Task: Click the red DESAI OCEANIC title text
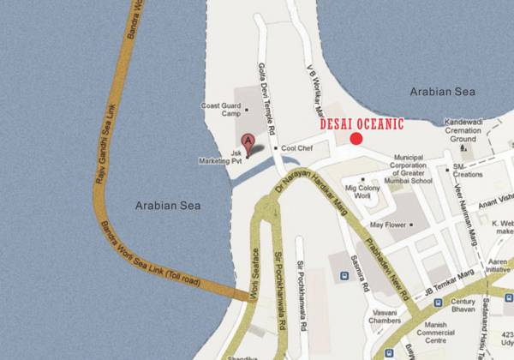pyautogui.click(x=361, y=123)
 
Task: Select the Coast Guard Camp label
pyautogui.click(x=221, y=111)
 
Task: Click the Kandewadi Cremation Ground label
pyautogui.click(x=463, y=133)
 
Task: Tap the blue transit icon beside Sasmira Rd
pyautogui.click(x=344, y=276)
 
